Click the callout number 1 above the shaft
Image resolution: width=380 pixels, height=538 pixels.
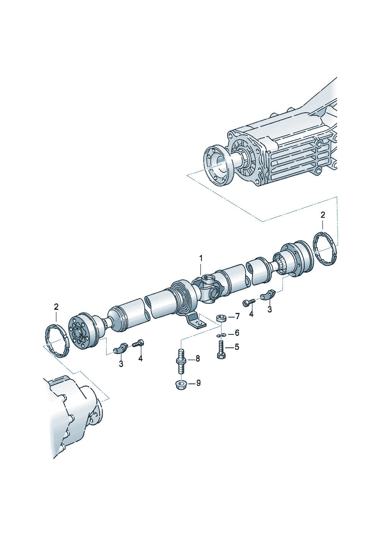click(x=201, y=259)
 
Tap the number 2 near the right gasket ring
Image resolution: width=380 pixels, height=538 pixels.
click(x=323, y=215)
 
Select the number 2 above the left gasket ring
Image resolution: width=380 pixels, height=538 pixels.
click(x=56, y=307)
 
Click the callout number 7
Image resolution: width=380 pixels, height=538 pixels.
click(x=237, y=316)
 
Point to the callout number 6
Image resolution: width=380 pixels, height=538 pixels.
click(x=237, y=333)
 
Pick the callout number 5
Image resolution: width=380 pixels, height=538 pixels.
click(x=237, y=347)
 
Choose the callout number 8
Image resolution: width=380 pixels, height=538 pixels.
click(x=198, y=359)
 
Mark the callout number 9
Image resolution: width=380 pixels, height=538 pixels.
click(x=198, y=383)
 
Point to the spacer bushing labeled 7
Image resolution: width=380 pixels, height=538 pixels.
click(x=221, y=318)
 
